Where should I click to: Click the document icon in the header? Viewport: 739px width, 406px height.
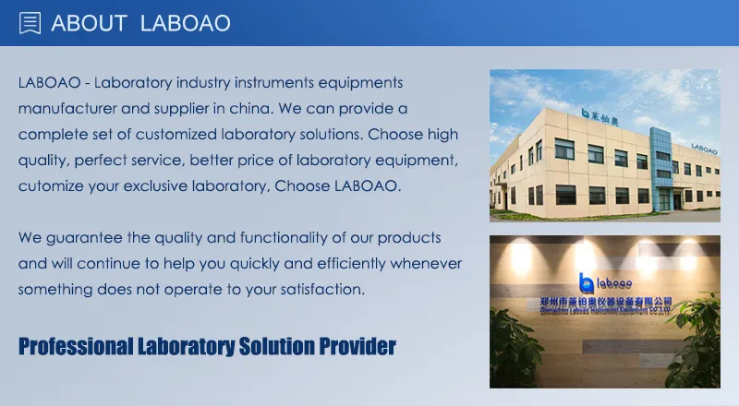pos(30,23)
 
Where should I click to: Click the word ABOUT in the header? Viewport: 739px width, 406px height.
pos(89,23)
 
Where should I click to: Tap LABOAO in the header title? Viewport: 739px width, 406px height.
pos(185,23)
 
